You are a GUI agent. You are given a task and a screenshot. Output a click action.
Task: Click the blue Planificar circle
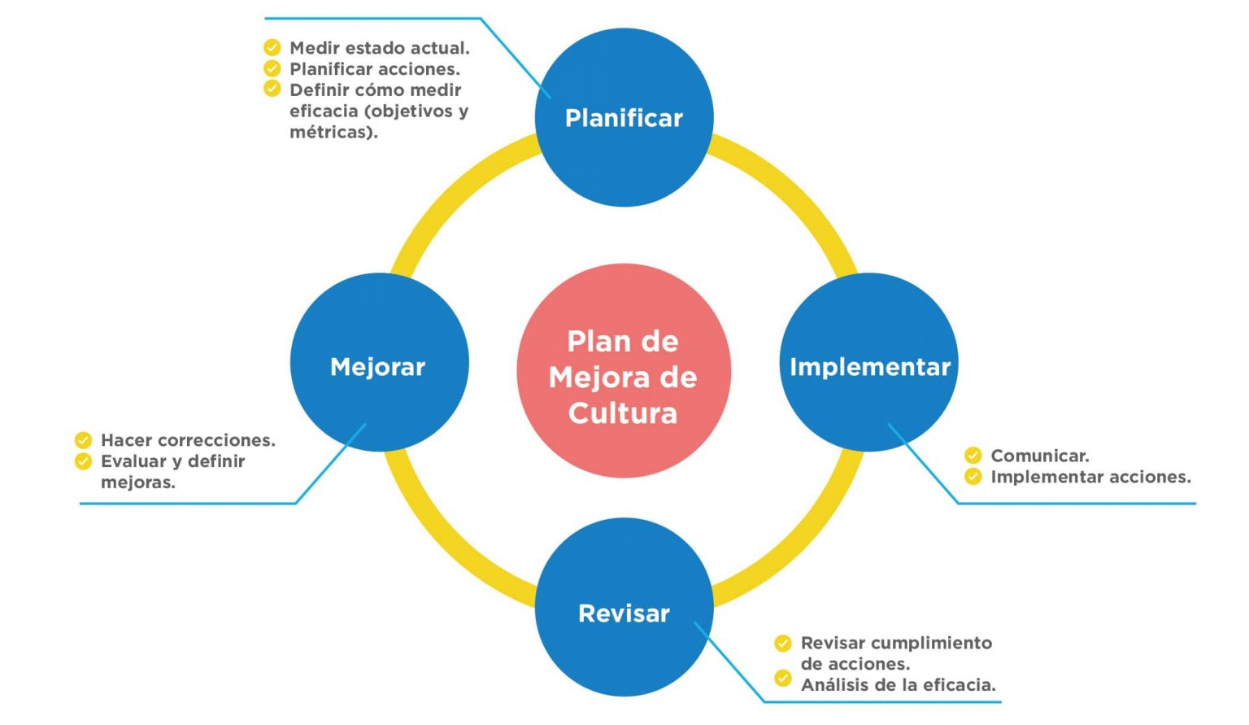click(x=624, y=117)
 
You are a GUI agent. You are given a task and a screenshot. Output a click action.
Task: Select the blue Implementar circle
click(x=869, y=363)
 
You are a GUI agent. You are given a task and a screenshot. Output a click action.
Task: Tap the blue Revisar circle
click(x=624, y=608)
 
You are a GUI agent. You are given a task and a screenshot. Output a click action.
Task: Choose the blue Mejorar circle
click(x=379, y=363)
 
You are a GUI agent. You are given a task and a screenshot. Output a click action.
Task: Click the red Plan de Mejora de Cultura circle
click(x=624, y=371)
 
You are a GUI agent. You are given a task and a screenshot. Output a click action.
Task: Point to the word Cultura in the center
click(x=623, y=413)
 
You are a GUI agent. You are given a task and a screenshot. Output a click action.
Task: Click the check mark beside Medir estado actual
click(x=272, y=47)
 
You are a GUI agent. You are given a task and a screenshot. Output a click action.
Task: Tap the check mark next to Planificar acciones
click(x=272, y=68)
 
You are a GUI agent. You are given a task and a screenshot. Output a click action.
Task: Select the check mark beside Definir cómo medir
click(x=272, y=89)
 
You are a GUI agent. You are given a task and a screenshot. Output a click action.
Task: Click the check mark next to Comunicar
click(x=973, y=456)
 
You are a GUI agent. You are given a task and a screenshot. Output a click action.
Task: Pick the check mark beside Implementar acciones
click(x=973, y=476)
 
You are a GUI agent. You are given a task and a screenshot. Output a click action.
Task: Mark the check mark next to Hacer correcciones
click(x=83, y=440)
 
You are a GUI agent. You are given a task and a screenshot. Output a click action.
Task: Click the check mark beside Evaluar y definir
click(x=83, y=461)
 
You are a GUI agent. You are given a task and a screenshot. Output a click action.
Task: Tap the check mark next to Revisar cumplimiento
click(x=783, y=644)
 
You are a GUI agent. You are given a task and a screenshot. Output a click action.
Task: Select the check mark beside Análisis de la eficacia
click(x=783, y=678)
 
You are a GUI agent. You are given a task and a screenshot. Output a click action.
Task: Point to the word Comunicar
click(x=1039, y=456)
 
